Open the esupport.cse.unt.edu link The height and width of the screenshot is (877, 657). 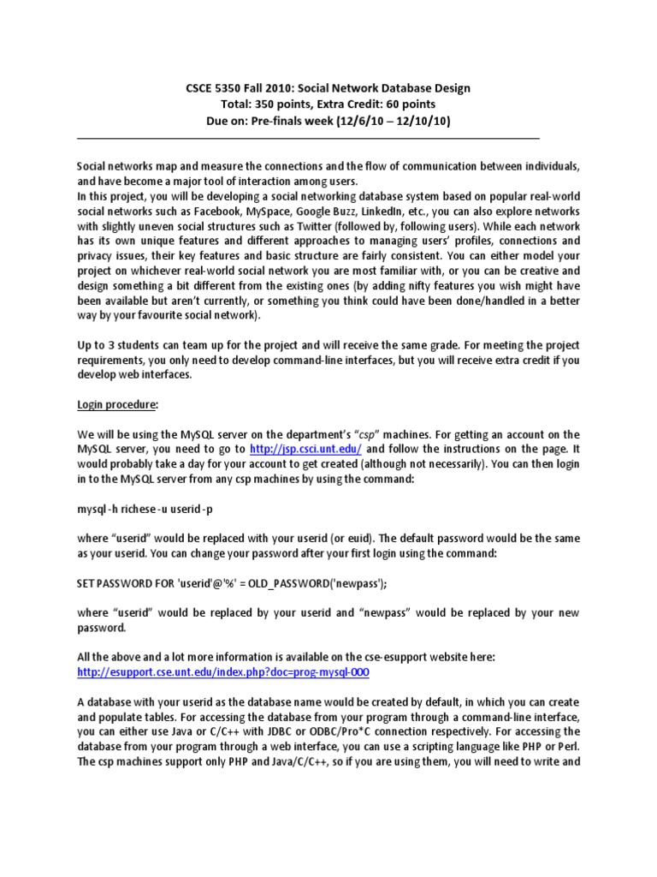(x=223, y=672)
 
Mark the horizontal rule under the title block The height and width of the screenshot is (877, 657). (x=308, y=137)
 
